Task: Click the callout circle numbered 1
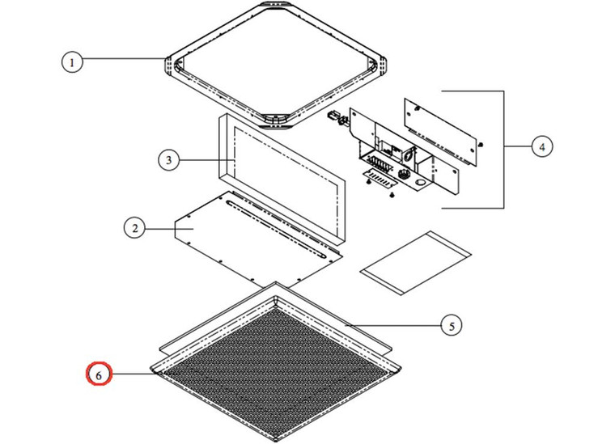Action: pos(73,62)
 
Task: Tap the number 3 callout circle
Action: pos(168,160)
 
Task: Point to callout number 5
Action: pos(452,326)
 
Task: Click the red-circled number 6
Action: pos(99,375)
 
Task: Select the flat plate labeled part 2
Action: pos(243,235)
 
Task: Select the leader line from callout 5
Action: pos(388,325)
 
